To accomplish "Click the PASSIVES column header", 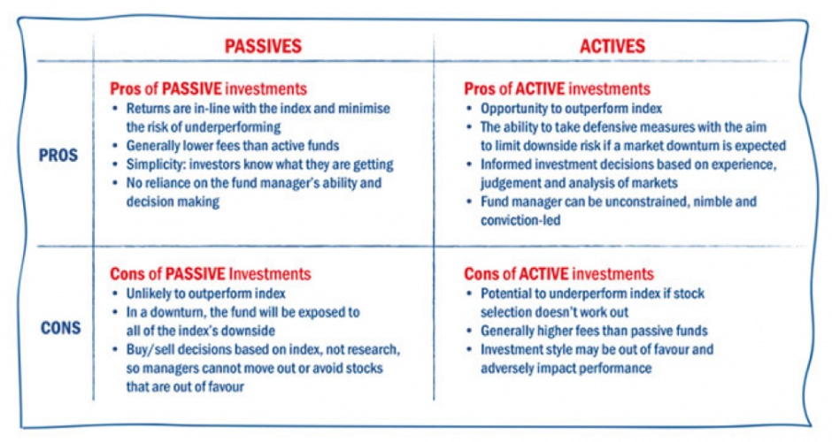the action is click(x=263, y=46).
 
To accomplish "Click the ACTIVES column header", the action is click(x=612, y=46).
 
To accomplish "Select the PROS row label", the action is click(x=58, y=156).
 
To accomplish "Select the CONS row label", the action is click(x=61, y=328).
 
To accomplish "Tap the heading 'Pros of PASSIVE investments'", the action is click(x=209, y=88).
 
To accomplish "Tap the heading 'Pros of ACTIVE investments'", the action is click(x=557, y=88).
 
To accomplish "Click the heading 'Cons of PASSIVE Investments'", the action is click(x=211, y=273).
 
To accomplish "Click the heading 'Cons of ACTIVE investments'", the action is click(x=559, y=273).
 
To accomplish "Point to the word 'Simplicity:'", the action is click(x=156, y=164).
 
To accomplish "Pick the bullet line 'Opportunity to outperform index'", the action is click(x=572, y=109).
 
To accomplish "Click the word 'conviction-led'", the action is click(x=520, y=220).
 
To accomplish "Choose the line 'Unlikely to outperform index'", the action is click(x=206, y=293).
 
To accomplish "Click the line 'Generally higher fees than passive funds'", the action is click(x=594, y=331).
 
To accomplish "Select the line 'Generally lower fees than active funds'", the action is click(x=233, y=146).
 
